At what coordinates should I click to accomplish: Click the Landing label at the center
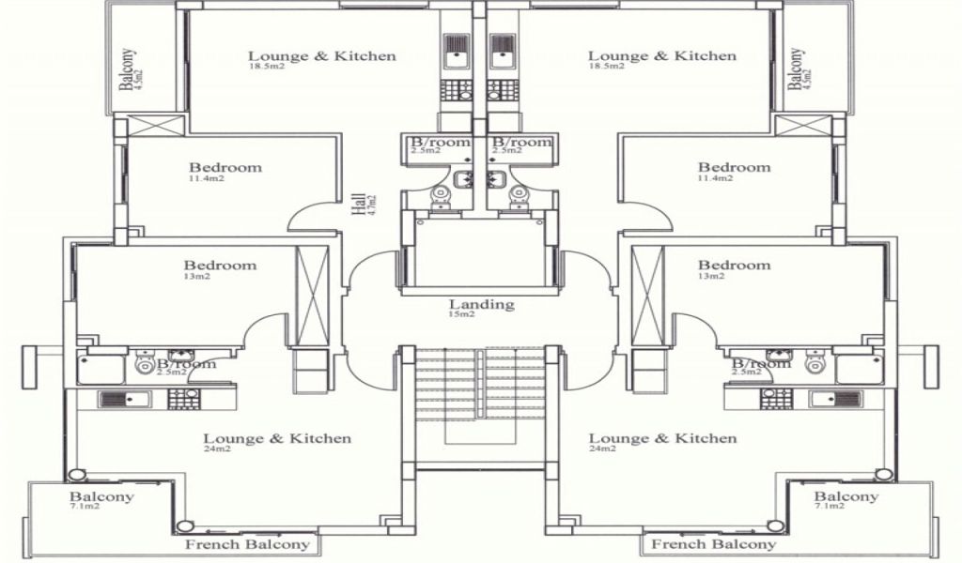tap(481, 304)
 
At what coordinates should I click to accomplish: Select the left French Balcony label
tap(246, 544)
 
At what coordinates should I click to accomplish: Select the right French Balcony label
tap(714, 544)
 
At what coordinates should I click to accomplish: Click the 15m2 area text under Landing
tap(461, 314)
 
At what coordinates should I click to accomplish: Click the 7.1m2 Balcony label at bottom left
tap(101, 497)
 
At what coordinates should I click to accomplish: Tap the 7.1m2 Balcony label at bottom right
tap(846, 497)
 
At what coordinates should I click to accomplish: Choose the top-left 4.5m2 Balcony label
tap(129, 69)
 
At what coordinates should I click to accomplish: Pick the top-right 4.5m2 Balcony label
tap(798, 68)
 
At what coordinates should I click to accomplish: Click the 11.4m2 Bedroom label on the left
tap(225, 168)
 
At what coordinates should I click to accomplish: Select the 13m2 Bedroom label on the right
tap(734, 266)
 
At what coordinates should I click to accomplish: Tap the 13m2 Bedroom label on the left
tap(220, 266)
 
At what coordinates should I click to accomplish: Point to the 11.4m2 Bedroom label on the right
tap(734, 168)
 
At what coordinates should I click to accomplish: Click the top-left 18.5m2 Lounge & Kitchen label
tap(321, 56)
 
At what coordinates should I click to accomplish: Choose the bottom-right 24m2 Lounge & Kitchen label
tap(661, 438)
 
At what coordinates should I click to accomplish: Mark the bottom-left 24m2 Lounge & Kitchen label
tap(277, 438)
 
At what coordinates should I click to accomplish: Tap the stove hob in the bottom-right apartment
tap(776, 399)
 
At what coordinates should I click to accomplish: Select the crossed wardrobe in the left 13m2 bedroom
tap(311, 296)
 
